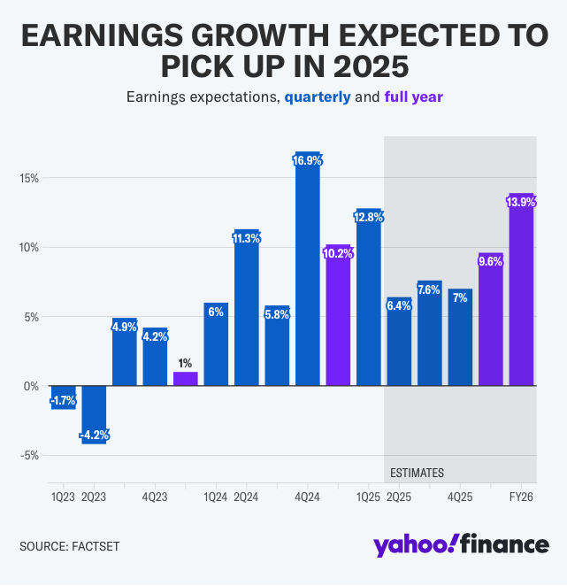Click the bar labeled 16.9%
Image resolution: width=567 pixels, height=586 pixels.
tap(308, 274)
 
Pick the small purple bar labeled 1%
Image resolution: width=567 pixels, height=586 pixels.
tap(186, 379)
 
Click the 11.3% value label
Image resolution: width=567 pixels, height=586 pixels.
tap(247, 238)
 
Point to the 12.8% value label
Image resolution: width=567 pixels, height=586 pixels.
tap(369, 217)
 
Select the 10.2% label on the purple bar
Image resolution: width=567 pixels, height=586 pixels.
tap(339, 253)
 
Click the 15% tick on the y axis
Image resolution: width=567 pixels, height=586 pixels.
tap(28, 178)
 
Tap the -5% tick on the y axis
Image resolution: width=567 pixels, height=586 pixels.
tap(28, 456)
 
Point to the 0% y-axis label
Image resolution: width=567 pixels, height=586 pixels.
tap(32, 386)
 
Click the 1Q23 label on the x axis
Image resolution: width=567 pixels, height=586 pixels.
tap(63, 497)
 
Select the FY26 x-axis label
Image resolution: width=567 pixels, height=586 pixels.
tap(522, 497)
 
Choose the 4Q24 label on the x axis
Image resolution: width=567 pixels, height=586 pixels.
tap(308, 497)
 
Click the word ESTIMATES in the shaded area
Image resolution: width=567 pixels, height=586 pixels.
tap(417, 473)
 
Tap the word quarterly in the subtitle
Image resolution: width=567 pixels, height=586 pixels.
tap(317, 96)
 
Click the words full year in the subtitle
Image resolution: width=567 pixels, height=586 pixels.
tap(413, 96)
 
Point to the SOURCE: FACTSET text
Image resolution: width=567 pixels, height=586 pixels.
tap(69, 546)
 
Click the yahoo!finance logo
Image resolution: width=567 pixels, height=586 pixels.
tap(460, 544)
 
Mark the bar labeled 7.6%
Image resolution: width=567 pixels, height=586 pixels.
tap(430, 336)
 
